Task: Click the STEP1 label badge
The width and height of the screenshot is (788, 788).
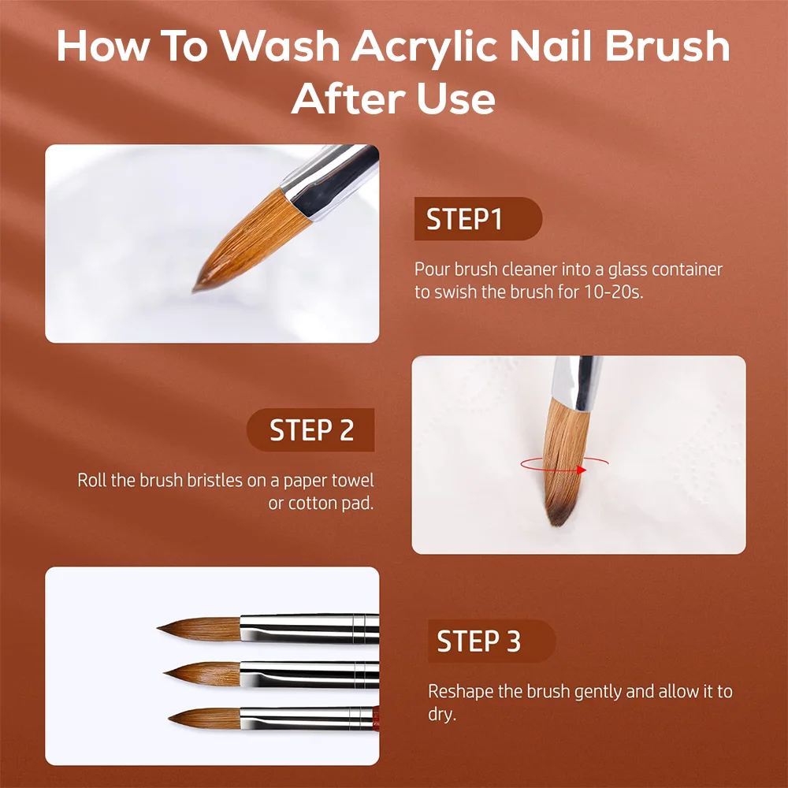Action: (x=478, y=218)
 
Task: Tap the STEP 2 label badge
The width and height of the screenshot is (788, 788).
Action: (x=310, y=429)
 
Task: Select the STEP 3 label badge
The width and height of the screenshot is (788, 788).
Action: (x=492, y=641)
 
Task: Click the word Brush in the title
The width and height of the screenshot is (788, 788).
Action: (x=667, y=46)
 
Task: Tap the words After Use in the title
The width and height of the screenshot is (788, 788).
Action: (x=393, y=98)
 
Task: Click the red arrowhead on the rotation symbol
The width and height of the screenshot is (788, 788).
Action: (x=582, y=470)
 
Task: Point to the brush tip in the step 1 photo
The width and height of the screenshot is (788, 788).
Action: (x=195, y=289)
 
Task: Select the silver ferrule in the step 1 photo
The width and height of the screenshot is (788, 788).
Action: (x=329, y=182)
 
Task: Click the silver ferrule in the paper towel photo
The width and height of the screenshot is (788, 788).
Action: (x=577, y=383)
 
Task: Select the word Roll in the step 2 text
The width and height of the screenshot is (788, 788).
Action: (x=92, y=481)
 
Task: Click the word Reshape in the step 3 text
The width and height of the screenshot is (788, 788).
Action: (x=460, y=693)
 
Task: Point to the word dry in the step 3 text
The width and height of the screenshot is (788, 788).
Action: (x=440, y=714)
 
